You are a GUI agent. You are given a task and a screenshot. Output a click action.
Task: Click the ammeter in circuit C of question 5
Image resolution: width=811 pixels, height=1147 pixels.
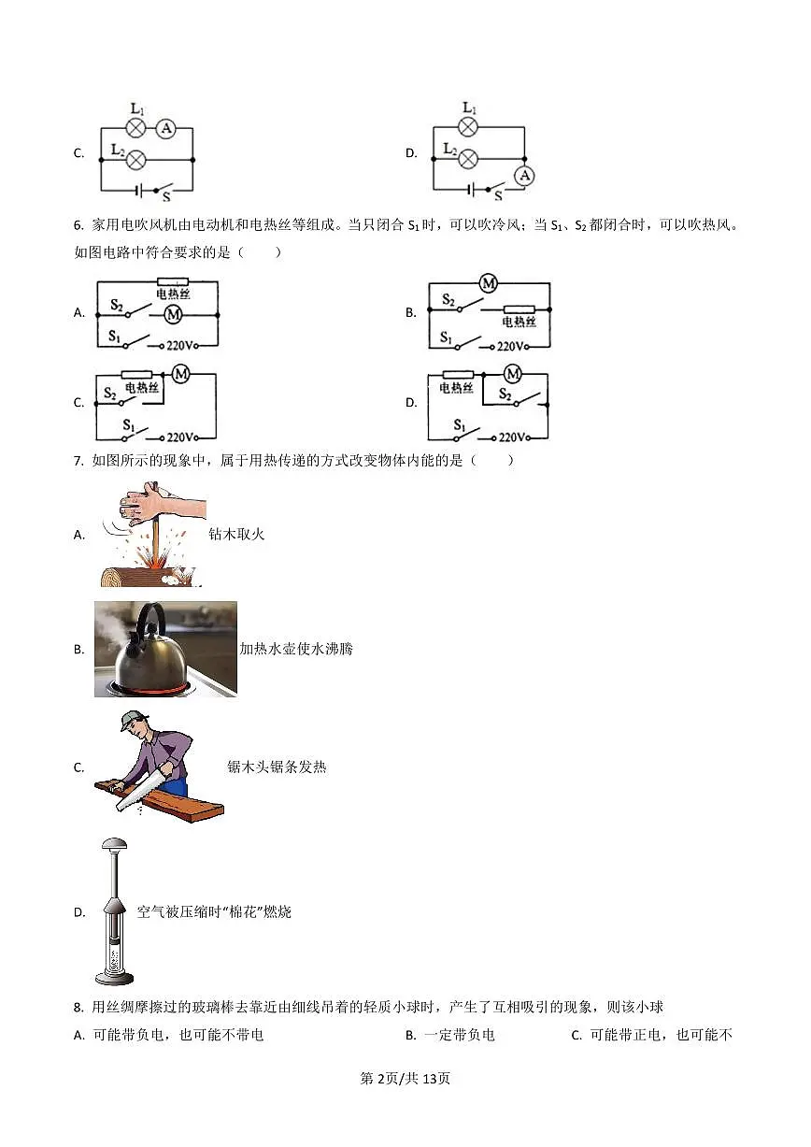pos(165,128)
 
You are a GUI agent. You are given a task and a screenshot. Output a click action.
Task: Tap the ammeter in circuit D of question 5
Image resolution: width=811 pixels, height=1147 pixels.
pos(524,176)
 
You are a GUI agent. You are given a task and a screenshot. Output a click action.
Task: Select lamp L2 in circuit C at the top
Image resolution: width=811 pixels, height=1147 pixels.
pos(135,160)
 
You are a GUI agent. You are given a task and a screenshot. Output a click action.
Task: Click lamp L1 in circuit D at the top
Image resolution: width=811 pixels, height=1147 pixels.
pos(467,127)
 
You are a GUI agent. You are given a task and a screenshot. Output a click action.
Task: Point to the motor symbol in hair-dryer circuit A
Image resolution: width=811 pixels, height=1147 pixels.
pos(173,314)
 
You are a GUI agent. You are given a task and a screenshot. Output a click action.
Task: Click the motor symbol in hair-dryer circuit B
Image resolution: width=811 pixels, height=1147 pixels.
pos(489,282)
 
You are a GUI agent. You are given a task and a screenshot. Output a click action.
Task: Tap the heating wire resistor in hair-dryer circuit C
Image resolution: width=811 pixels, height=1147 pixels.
pos(136,375)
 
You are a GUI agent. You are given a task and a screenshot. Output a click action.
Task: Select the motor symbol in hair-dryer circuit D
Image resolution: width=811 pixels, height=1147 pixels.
pos(513,374)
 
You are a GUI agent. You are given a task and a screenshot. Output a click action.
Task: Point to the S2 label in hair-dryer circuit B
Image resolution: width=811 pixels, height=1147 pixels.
pos(448,299)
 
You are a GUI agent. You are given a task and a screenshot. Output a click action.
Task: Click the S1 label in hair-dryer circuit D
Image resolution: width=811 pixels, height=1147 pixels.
pos(460,424)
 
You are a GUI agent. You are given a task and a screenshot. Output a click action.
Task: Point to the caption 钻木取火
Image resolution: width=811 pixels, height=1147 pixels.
pos(236,534)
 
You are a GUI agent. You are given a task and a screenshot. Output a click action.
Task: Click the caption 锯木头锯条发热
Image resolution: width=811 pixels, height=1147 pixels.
pos(277,767)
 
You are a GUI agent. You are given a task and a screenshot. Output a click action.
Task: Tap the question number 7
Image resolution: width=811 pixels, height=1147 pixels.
pos(78,460)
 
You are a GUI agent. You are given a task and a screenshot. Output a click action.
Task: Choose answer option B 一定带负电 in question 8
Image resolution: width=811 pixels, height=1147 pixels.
pos(450,1035)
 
